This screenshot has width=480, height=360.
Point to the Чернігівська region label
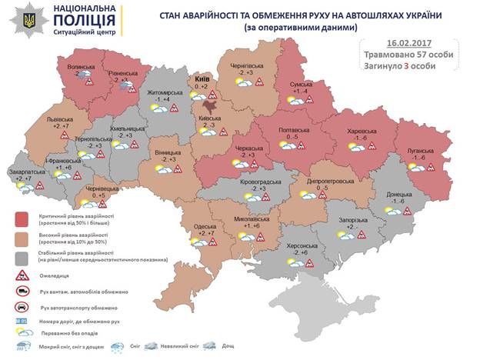click(x=246, y=67)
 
